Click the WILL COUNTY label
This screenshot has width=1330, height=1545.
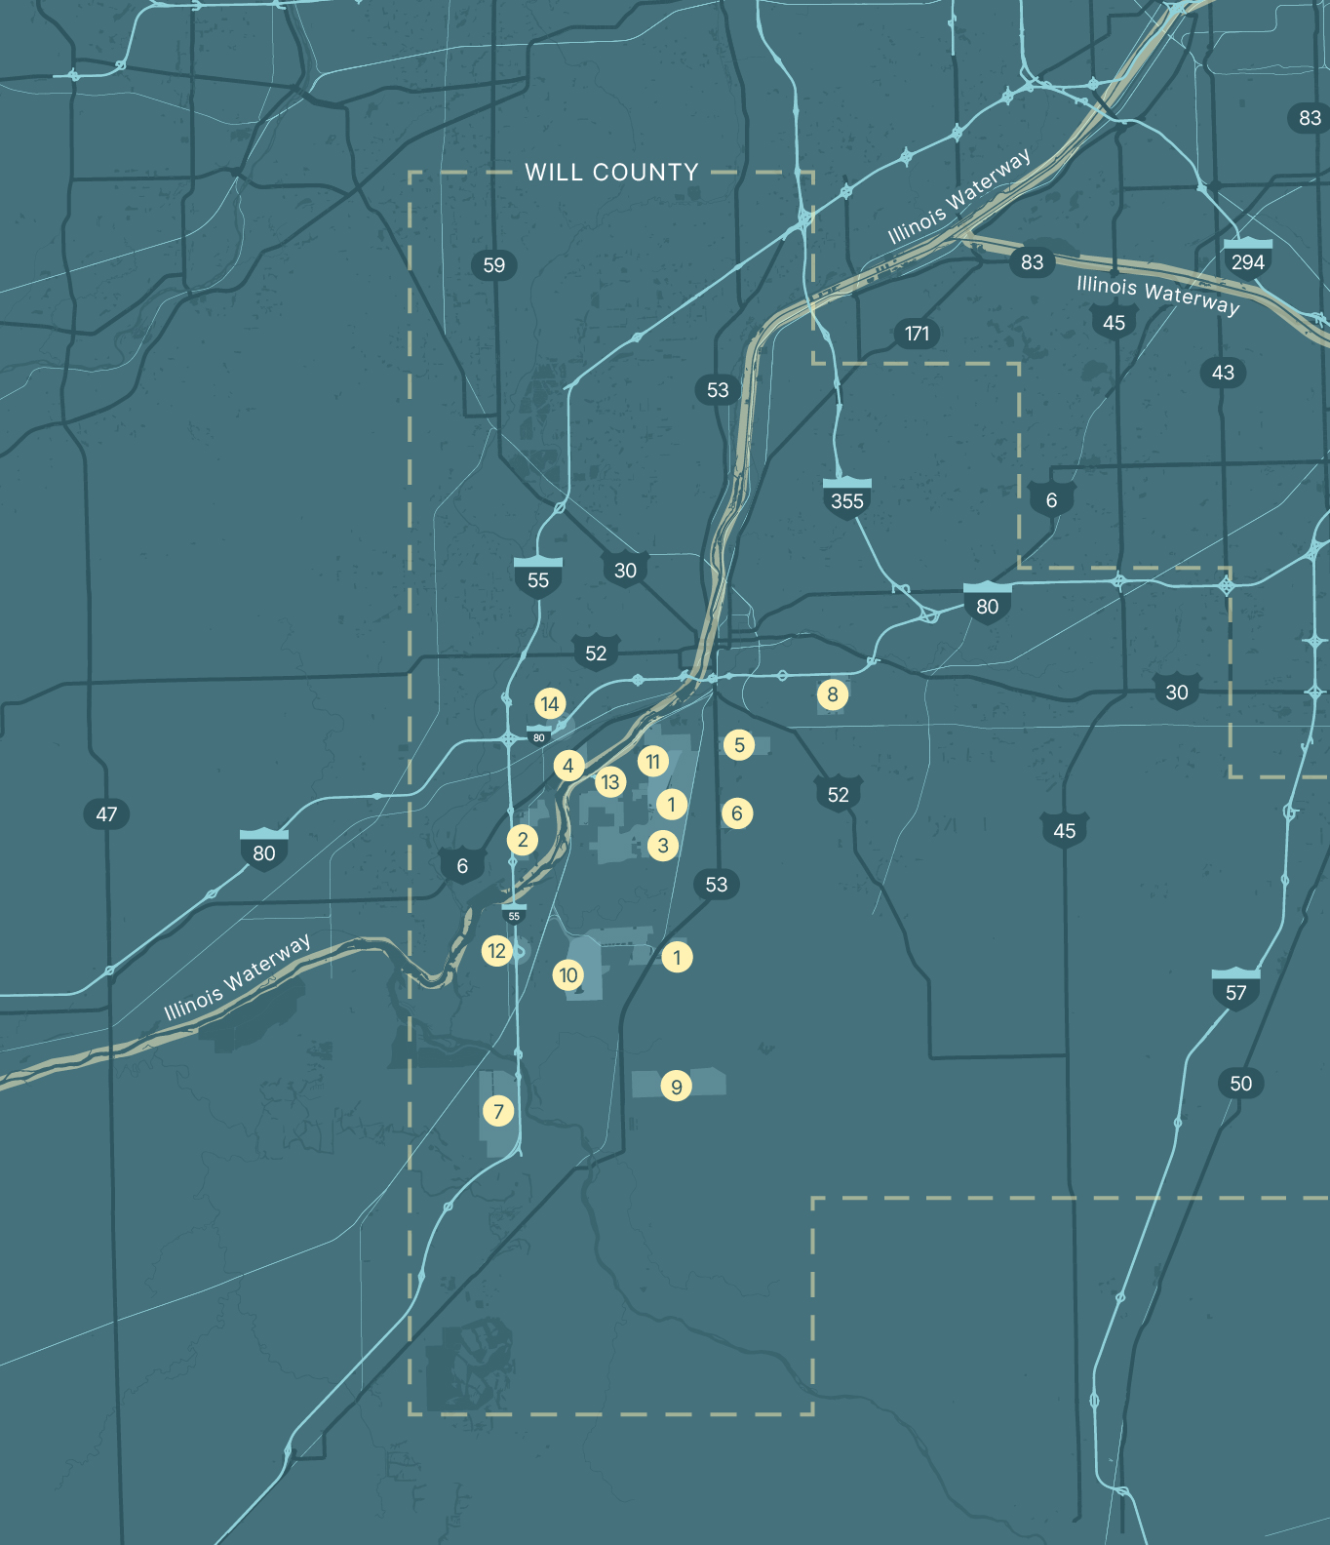click(611, 173)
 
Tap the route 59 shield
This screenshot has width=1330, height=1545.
click(494, 265)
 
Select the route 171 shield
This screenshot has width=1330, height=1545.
click(917, 334)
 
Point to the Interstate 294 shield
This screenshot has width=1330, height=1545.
click(1247, 259)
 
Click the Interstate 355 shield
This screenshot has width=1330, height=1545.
click(846, 499)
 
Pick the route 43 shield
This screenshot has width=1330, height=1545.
click(1223, 373)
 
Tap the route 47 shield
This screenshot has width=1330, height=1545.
click(106, 814)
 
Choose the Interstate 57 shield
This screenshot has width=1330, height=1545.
click(1235, 990)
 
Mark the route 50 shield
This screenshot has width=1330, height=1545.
click(1240, 1084)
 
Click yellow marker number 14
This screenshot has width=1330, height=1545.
click(550, 703)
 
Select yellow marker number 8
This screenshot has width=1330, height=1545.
click(832, 694)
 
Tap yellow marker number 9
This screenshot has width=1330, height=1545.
click(676, 1086)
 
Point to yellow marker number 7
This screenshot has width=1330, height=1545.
click(498, 1111)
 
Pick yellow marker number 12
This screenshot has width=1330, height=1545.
click(497, 951)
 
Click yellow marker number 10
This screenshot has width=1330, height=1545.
click(568, 975)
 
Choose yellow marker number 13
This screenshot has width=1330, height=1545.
click(610, 781)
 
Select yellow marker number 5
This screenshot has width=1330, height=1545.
click(739, 745)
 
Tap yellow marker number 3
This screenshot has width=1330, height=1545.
click(663, 846)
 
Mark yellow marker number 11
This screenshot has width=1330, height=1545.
click(652, 761)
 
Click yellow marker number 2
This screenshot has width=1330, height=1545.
click(523, 840)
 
